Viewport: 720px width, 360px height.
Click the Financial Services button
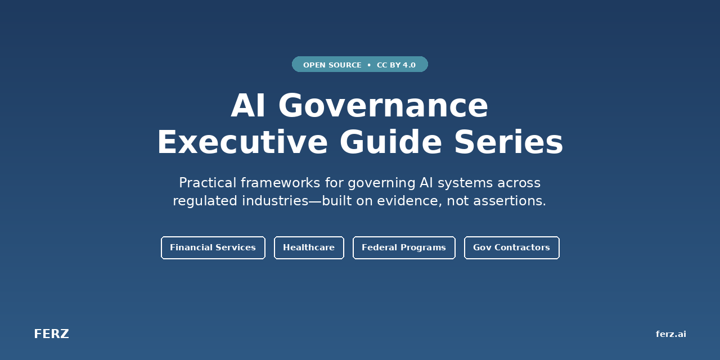pos(213,247)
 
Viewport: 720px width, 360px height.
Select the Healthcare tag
pos(309,247)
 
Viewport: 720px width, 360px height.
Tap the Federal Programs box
pos(404,247)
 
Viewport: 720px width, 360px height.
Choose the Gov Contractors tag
pos(511,247)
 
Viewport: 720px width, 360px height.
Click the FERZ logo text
pos(51,334)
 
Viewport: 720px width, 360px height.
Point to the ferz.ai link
pos(670,334)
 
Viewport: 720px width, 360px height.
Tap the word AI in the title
pos(248,106)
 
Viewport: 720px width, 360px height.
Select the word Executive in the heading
pos(242,142)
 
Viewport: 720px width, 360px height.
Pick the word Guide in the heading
pos(390,142)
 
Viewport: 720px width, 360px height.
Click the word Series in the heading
pos(508,142)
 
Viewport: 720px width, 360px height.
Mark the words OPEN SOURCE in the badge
pos(332,65)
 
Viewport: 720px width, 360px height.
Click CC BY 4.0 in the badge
pos(396,65)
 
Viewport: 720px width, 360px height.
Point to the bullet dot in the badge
pos(369,65)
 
